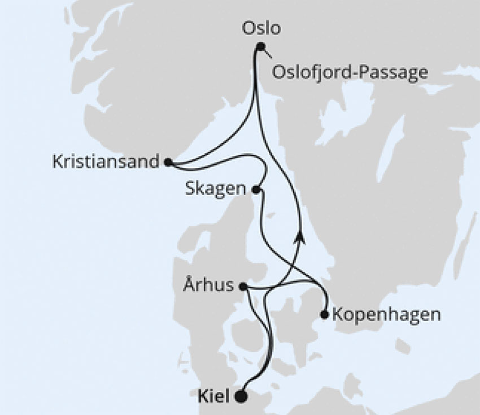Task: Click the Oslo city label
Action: [x=260, y=28]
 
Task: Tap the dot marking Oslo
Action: [x=260, y=47]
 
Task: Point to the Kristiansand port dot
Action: [x=168, y=162]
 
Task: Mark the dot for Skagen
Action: [x=256, y=190]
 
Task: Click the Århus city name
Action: [x=208, y=285]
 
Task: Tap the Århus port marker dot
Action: [x=243, y=286]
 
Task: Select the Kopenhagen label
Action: [x=386, y=314]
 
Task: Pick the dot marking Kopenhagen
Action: [x=324, y=314]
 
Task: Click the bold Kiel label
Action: [x=215, y=396]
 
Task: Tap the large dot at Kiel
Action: [x=241, y=396]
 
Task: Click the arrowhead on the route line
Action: [x=299, y=236]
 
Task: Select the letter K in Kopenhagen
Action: [x=338, y=314]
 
